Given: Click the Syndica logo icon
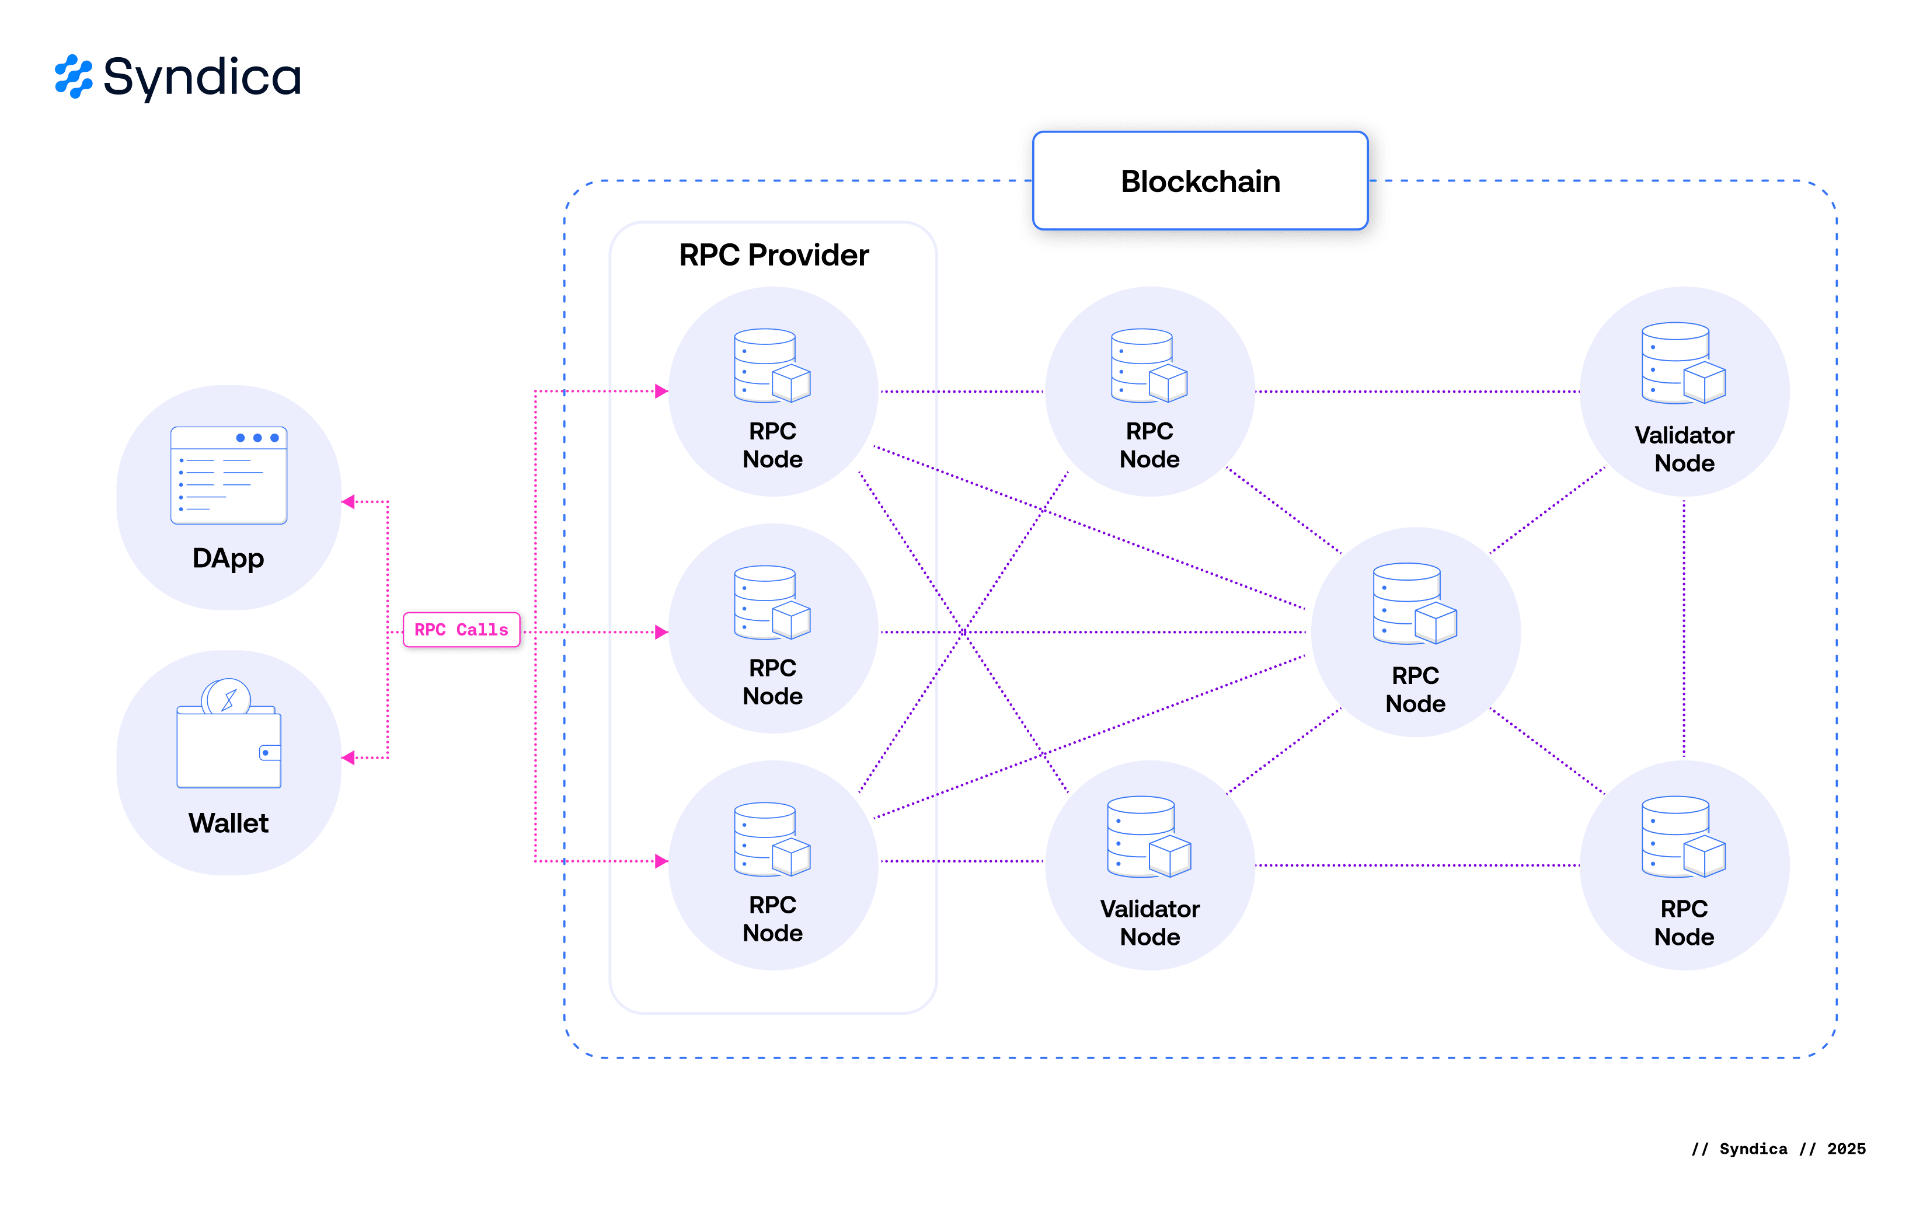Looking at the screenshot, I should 74,76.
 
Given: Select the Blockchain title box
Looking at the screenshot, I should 1200,181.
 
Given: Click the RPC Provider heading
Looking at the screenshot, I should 773,256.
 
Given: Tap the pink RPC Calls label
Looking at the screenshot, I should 461,630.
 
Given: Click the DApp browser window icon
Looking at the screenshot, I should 229,476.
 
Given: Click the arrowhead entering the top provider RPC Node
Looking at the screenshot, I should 661,392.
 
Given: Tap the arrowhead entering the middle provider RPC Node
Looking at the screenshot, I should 661,632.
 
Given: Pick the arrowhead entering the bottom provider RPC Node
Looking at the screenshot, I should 661,861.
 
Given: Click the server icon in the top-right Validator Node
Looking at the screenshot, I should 1683,364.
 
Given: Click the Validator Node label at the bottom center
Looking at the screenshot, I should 1149,923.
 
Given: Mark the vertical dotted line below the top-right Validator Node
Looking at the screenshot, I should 1684,627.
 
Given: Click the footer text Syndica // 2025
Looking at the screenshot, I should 1778,1149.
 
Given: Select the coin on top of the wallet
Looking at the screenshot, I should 227,697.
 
